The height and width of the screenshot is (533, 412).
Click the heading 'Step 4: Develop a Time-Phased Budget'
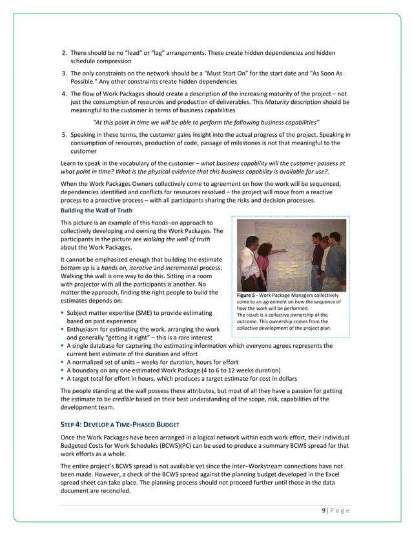(x=119, y=423)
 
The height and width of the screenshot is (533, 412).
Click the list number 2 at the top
(x=64, y=52)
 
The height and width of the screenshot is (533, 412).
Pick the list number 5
(x=64, y=134)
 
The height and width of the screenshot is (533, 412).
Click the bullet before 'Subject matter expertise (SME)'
(x=62, y=313)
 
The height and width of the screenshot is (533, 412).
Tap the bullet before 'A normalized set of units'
(x=62, y=362)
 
